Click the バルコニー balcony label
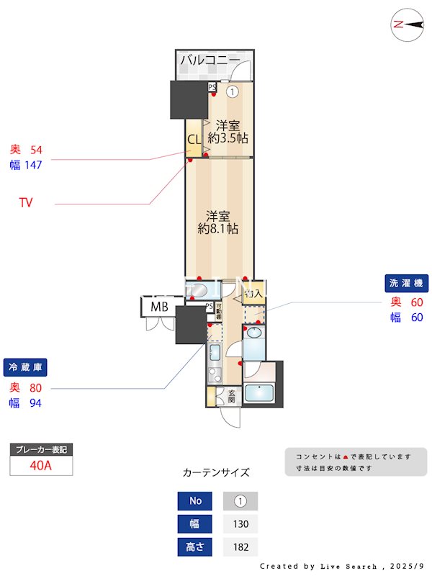[x=210, y=60]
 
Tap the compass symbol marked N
[x=407, y=24]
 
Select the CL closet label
[x=194, y=140]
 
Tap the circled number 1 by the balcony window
[x=233, y=91]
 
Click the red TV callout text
[x=26, y=203]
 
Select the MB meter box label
[x=159, y=307]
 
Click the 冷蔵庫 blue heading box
[x=25, y=367]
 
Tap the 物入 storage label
[x=253, y=294]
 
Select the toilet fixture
[x=198, y=290]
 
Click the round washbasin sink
[x=253, y=331]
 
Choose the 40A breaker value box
[x=41, y=465]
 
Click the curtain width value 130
[x=240, y=524]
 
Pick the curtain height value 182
[x=240, y=547]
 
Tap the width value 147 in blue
[x=33, y=165]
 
